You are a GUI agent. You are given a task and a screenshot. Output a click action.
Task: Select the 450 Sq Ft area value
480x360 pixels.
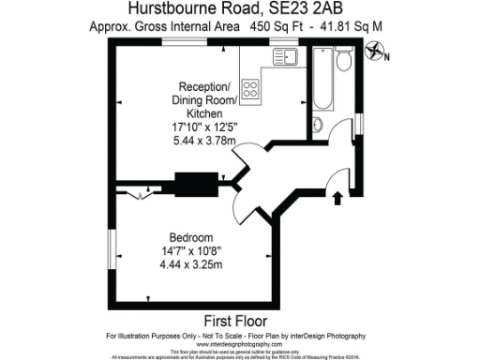277,28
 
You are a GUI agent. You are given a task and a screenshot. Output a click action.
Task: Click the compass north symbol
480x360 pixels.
378,56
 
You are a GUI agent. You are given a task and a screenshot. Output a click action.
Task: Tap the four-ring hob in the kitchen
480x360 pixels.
251,90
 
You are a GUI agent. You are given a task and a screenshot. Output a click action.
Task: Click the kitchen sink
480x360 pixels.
285,58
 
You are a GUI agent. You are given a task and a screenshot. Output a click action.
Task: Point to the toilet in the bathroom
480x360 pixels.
344,61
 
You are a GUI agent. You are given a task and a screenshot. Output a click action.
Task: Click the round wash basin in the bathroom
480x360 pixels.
317,126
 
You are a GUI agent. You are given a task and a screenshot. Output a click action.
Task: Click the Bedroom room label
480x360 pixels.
191,236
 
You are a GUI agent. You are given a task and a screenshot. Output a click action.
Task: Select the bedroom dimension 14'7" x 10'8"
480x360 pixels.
191,250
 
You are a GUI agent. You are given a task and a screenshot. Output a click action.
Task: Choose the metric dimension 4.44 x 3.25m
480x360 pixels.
191,264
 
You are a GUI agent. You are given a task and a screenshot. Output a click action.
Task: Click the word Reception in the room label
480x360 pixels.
200,85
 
